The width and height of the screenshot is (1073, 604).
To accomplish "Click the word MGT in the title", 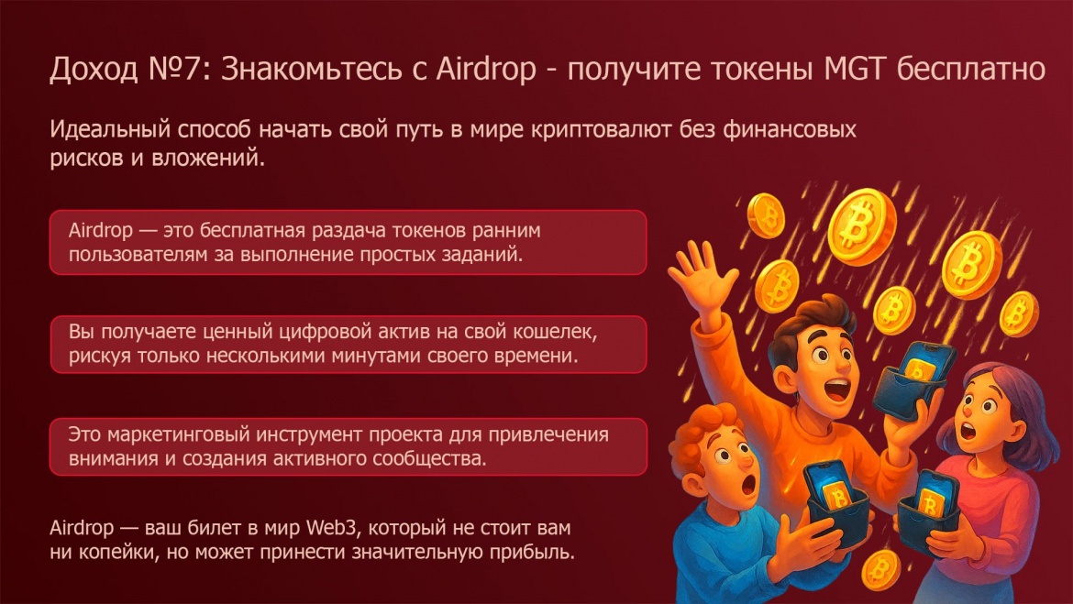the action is pyautogui.click(x=856, y=69).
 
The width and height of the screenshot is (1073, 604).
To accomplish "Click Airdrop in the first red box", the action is pyautogui.click(x=101, y=231).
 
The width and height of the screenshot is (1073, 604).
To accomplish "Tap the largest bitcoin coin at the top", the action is pyautogui.click(x=861, y=225).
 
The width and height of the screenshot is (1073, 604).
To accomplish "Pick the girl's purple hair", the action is pyautogui.click(x=1012, y=411).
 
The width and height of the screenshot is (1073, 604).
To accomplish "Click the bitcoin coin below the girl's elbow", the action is pyautogui.click(x=881, y=570).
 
